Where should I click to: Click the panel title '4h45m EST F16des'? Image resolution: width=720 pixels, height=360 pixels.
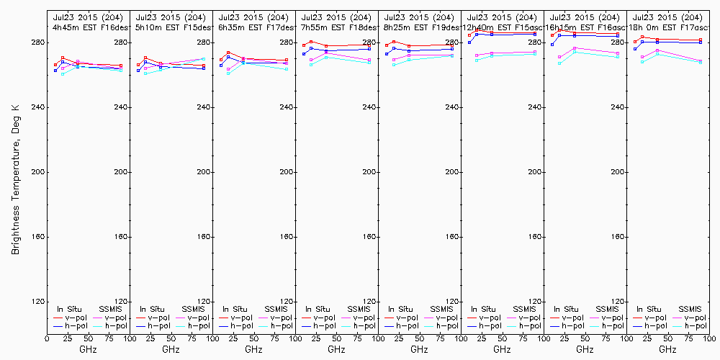tap(88, 27)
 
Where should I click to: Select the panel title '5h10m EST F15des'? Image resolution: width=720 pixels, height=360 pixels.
tap(171, 27)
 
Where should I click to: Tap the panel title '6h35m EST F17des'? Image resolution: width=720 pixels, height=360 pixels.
tap(254, 27)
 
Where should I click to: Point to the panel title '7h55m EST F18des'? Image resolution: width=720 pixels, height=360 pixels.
tap(337, 27)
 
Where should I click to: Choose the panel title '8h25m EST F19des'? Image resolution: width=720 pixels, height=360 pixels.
tap(420, 27)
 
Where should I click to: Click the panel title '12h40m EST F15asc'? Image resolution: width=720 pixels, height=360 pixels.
tap(503, 27)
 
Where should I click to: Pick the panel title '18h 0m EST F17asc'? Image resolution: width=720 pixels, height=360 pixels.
tap(668, 27)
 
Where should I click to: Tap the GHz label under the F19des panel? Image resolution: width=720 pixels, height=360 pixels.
tap(419, 349)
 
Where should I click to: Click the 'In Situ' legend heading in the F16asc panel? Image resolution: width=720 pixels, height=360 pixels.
tap(568, 309)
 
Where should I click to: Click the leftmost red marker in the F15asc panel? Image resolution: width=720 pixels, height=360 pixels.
tap(469, 35)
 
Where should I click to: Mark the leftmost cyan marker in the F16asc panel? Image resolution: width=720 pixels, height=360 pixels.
tap(559, 63)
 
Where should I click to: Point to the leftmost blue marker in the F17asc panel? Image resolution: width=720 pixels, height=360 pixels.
tap(635, 49)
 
